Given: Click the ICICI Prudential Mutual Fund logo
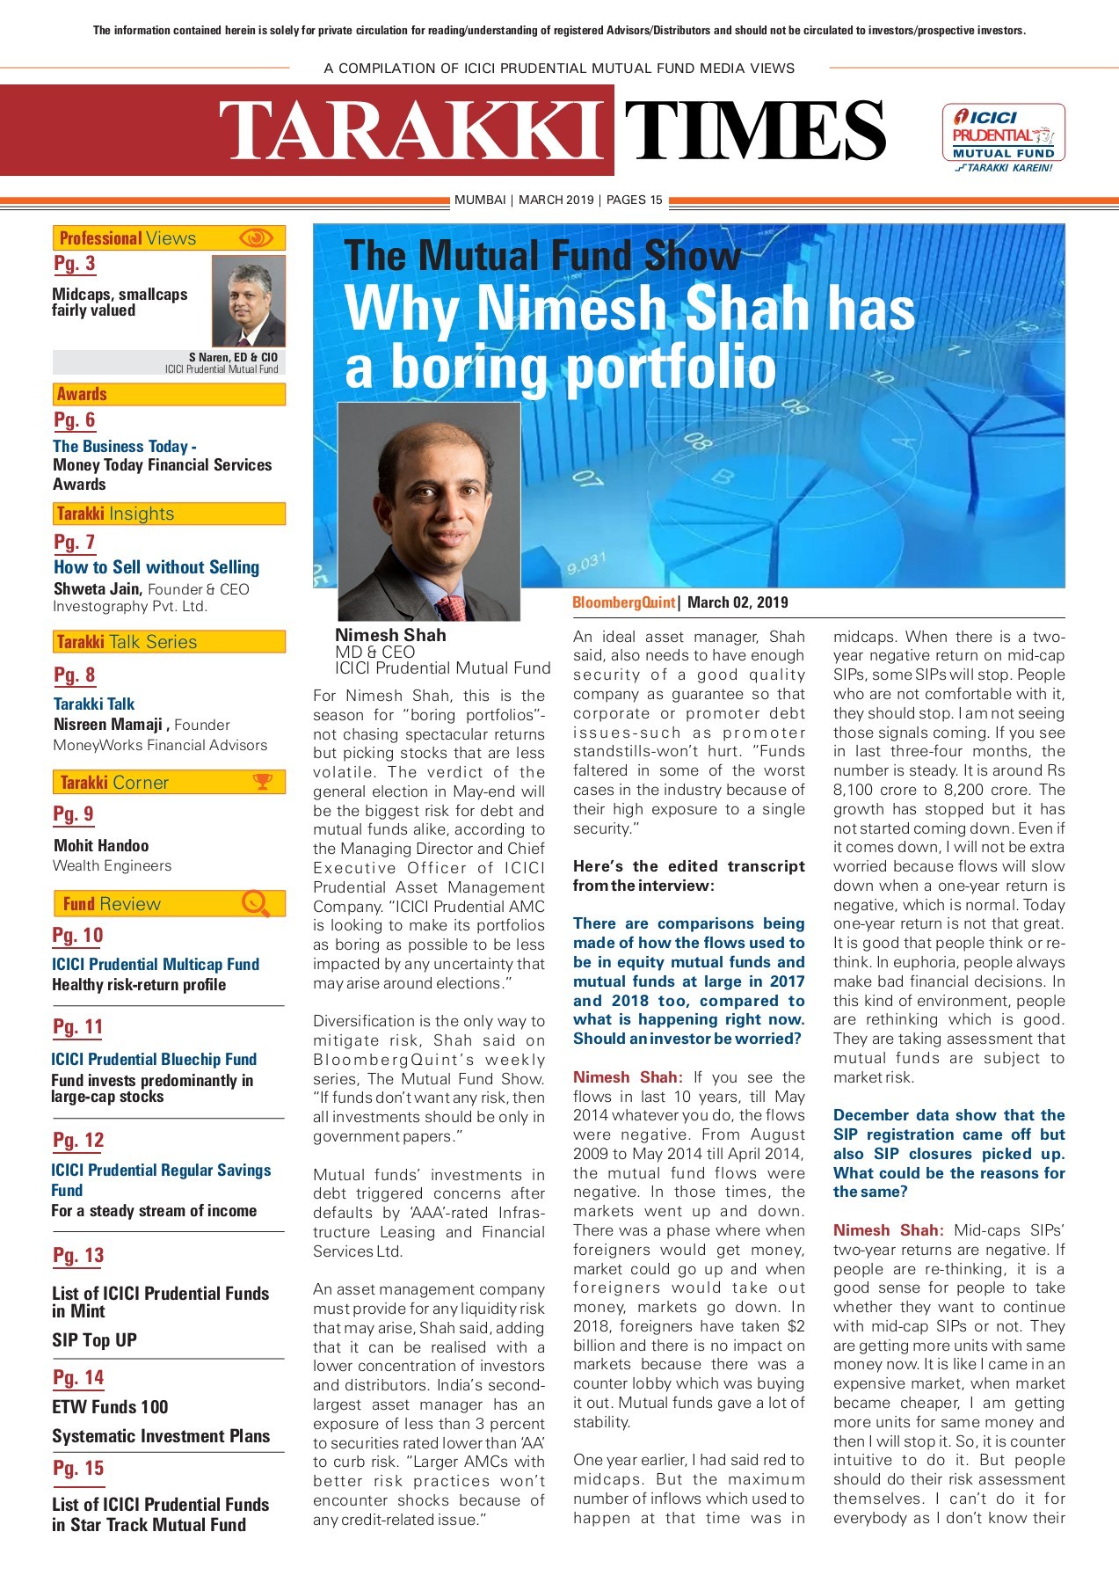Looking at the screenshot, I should [1003, 137].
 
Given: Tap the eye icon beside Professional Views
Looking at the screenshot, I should [256, 238].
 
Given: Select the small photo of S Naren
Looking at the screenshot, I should [249, 301].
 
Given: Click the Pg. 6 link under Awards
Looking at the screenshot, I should [75, 420].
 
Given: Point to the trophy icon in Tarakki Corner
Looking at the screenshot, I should [262, 782].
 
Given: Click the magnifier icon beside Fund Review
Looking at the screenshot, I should [255, 903].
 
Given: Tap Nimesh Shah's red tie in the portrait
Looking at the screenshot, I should [453, 607].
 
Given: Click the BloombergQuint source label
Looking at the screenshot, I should [623, 602].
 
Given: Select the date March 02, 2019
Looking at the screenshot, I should [738, 602].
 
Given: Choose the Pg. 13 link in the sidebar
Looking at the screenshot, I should [78, 1256].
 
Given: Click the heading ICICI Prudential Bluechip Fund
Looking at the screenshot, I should [154, 1059].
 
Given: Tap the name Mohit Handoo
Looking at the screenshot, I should [101, 845].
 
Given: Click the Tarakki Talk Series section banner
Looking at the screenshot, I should [169, 642].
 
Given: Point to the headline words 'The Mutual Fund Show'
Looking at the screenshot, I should [541, 256].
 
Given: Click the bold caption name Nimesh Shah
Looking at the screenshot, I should [390, 635].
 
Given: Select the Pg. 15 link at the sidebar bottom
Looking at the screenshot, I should [78, 1468].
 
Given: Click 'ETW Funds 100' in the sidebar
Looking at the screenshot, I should [110, 1406].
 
